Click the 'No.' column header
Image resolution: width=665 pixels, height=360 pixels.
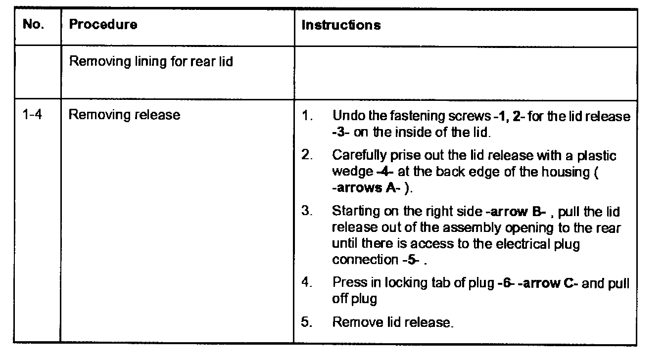pyautogui.click(x=33, y=25)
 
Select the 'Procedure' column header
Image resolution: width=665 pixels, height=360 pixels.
pyautogui.click(x=103, y=25)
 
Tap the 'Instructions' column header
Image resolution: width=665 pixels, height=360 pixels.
pyautogui.click(x=341, y=25)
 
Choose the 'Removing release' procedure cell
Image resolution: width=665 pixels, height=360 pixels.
pyautogui.click(x=124, y=116)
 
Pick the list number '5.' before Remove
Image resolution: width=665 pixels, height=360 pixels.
pyautogui.click(x=307, y=322)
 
